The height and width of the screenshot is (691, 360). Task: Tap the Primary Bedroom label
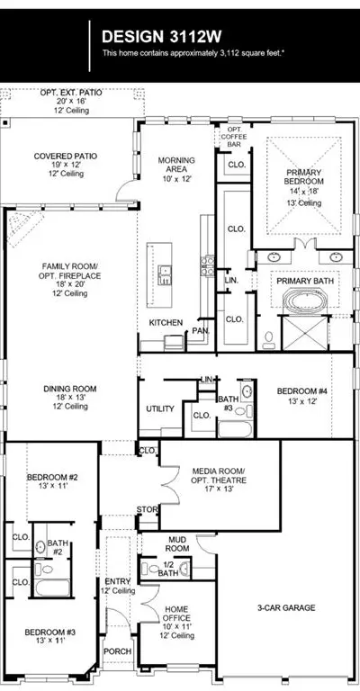pyautogui.click(x=303, y=176)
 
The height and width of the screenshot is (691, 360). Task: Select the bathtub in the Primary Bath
pyautogui.click(x=306, y=301)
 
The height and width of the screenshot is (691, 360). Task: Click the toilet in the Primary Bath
pyautogui.click(x=269, y=338)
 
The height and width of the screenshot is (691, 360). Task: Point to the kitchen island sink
pyautogui.click(x=166, y=274)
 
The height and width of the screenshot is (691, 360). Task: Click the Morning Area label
pyautogui.click(x=176, y=165)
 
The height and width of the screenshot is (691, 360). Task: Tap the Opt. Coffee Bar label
pyautogui.click(x=233, y=137)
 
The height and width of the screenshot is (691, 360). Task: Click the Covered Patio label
pyautogui.click(x=65, y=157)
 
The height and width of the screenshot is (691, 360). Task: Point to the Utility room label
pyautogui.click(x=160, y=409)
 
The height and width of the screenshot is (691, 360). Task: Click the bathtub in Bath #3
pyautogui.click(x=236, y=429)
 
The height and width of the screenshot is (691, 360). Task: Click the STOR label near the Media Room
pyautogui.click(x=147, y=509)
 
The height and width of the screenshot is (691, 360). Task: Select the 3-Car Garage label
pyautogui.click(x=286, y=607)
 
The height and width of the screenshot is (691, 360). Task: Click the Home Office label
pyautogui.click(x=176, y=615)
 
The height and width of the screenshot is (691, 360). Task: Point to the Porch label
pyautogui.click(x=118, y=651)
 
